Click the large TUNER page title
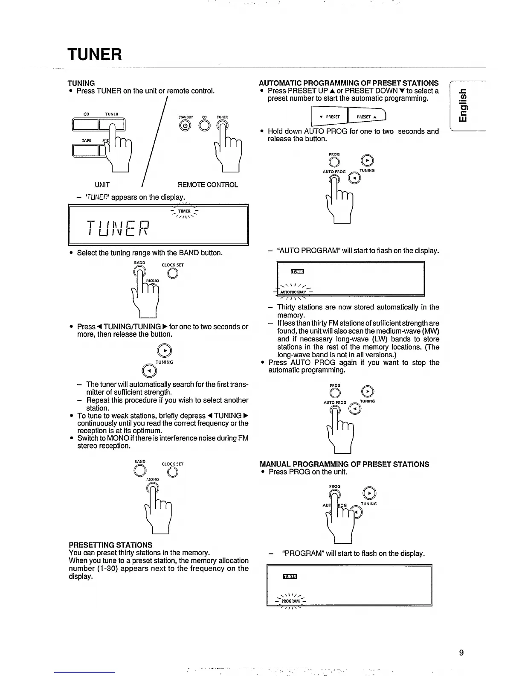click(x=95, y=55)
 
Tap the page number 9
click(x=461, y=653)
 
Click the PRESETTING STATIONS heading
click(x=110, y=545)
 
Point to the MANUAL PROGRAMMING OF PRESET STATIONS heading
click(x=345, y=464)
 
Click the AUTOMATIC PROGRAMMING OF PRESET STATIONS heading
click(x=349, y=83)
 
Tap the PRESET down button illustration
click(x=331, y=117)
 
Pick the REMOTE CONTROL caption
click(x=208, y=185)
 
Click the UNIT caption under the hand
click(x=102, y=185)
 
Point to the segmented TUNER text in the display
click(x=118, y=229)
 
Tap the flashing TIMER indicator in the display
click(x=184, y=211)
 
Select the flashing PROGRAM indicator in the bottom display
click(x=290, y=601)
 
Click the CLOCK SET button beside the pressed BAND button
click(x=173, y=274)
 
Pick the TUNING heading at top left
click(x=81, y=83)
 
